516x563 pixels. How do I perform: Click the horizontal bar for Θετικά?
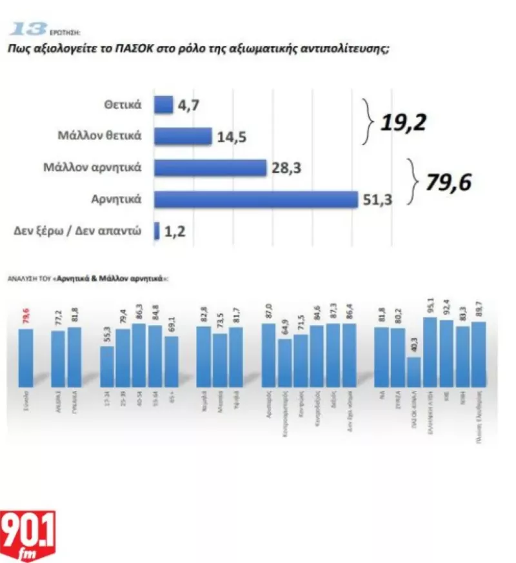click(x=164, y=104)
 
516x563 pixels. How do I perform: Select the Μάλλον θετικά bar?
click(x=183, y=136)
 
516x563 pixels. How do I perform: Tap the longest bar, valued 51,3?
click(x=256, y=199)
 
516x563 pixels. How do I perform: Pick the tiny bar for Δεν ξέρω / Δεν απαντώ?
click(x=157, y=230)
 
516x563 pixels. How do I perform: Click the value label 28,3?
click(x=288, y=168)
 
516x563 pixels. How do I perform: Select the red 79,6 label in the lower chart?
click(x=26, y=318)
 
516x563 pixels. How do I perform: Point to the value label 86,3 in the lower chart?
click(x=139, y=312)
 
